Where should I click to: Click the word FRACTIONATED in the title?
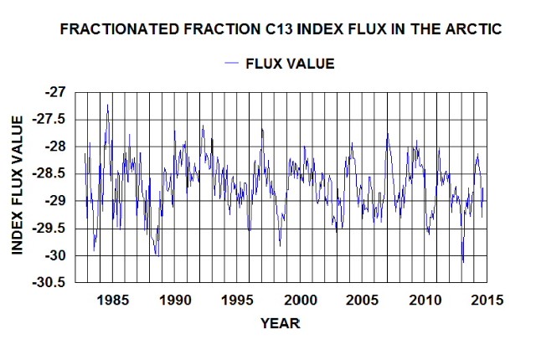(106, 29)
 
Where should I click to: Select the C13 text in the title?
(250, 29)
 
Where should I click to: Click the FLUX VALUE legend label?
(290, 64)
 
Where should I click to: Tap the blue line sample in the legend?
(232, 64)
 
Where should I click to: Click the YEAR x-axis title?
(279, 322)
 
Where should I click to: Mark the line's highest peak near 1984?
(108, 105)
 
